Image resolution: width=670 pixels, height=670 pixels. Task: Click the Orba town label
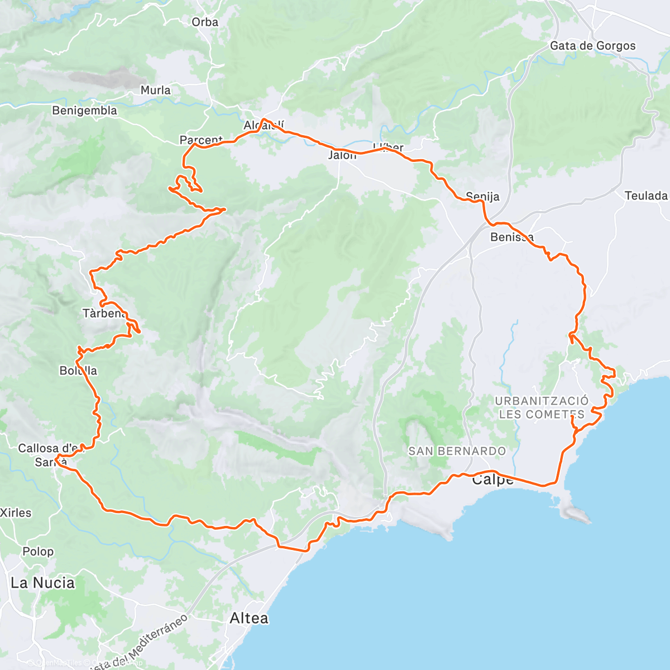204,22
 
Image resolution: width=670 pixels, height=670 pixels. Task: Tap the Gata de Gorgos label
592,46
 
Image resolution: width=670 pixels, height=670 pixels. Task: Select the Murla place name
155,90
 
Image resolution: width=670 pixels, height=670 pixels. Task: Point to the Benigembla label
84,111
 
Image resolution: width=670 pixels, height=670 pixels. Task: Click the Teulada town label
646,195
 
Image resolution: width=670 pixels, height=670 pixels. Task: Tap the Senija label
482,197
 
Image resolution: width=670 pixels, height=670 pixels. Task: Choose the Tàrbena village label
104,313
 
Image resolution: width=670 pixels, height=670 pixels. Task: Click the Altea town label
249,618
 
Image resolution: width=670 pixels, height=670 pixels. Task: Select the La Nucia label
42,583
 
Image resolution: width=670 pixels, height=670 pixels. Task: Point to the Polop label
38,552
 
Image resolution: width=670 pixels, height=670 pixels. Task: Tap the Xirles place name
16,513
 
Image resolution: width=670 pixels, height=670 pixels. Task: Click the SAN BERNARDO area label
457,451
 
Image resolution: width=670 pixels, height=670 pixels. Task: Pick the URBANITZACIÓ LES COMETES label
541,408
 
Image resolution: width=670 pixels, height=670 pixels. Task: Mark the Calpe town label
492,480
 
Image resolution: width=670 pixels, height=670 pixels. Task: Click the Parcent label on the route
201,140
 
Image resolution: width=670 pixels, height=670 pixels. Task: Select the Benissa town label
511,237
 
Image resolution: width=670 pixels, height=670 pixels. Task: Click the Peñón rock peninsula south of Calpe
575,511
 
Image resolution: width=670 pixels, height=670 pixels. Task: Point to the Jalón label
342,155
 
